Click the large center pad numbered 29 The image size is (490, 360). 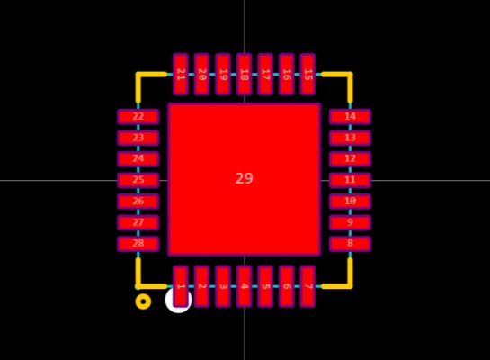[x=244, y=179]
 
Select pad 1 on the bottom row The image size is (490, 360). [x=181, y=286]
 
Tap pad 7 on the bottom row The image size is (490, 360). [x=307, y=286]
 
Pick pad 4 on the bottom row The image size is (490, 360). [x=244, y=286]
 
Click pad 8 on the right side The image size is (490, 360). [x=350, y=244]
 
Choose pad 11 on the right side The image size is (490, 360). [x=350, y=180]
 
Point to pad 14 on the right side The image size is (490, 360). [x=350, y=117]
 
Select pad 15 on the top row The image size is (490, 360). [x=307, y=74]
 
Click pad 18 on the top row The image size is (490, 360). [x=244, y=74]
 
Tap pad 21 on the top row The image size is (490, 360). [x=181, y=74]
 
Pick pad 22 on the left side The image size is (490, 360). [x=138, y=117]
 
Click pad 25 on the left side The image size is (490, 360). [x=138, y=180]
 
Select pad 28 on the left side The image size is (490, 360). [x=138, y=244]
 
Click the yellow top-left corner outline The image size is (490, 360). [x=138, y=75]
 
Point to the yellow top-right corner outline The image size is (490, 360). [x=350, y=75]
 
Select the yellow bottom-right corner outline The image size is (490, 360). [x=350, y=286]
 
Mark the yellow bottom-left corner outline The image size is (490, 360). [x=138, y=286]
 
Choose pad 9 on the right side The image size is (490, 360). [x=350, y=222]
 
